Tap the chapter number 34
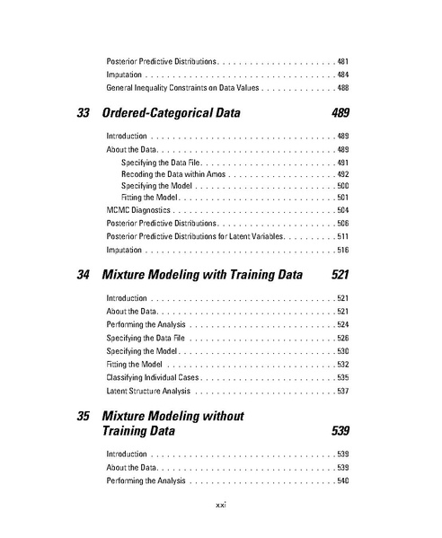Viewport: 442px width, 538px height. pos(84,274)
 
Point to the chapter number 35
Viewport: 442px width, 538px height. pos(84,417)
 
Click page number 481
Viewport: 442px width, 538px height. pos(342,61)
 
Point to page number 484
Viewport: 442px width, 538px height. pos(342,75)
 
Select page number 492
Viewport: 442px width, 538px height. pos(342,172)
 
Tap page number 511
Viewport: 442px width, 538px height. pos(342,235)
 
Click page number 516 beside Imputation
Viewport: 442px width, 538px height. pos(342,249)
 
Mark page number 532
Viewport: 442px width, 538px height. pos(342,365)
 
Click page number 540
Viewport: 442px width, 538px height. pos(342,481)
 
